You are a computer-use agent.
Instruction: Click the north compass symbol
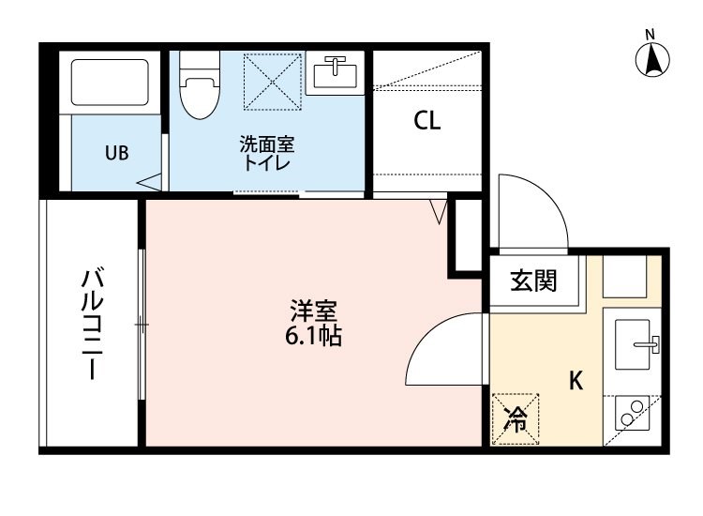[x=652, y=58]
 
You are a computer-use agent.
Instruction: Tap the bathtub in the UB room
[x=110, y=83]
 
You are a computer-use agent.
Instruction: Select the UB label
[x=117, y=153]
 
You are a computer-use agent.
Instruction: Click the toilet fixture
[x=200, y=85]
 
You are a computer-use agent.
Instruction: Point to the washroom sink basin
[x=335, y=73]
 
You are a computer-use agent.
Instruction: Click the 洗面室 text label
[x=267, y=144]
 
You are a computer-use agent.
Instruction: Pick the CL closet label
[x=426, y=120]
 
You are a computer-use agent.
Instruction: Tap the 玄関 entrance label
[x=533, y=281]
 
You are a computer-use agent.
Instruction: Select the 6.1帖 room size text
[x=313, y=336]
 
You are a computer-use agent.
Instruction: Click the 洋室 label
[x=313, y=311]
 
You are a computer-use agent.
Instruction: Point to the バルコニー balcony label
[x=93, y=323]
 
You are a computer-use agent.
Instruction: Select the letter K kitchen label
[x=576, y=381]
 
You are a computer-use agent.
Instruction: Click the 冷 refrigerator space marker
[x=516, y=419]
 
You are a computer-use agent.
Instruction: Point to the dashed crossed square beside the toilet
[x=273, y=82]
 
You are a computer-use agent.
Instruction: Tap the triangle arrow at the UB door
[x=149, y=182]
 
